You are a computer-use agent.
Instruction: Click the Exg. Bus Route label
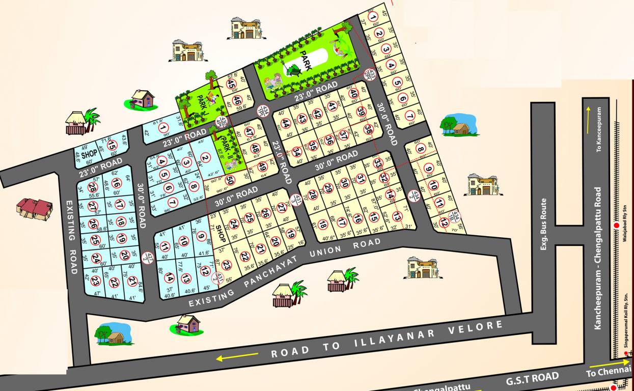[544, 225]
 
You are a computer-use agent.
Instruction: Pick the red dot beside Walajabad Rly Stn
[616, 226]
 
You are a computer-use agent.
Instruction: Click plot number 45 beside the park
[231, 85]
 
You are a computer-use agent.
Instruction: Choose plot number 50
[230, 179]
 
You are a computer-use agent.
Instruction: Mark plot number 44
[286, 123]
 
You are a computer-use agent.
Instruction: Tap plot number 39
[362, 111]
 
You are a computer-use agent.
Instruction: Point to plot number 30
[344, 183]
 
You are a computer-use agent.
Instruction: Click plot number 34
[297, 152]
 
